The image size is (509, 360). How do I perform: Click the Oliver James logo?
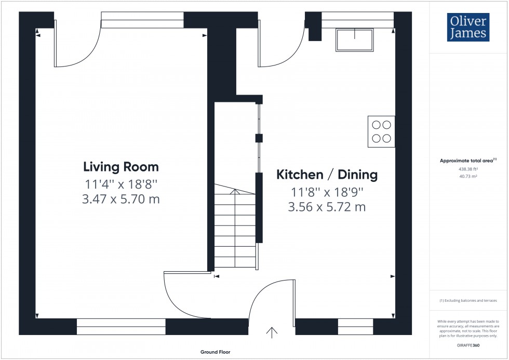[x=467, y=28]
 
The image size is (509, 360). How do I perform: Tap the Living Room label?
[x=121, y=167]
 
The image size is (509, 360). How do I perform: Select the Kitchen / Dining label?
[x=327, y=175]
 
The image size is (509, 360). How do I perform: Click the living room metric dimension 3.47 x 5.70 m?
[x=121, y=199]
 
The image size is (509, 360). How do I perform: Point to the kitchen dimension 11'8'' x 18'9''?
[x=327, y=192]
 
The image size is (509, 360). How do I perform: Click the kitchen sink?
[x=355, y=40]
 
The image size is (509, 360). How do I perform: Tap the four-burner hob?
[x=381, y=131]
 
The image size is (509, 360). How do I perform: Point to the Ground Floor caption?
[x=216, y=352]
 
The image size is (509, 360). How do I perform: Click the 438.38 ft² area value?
[x=468, y=169]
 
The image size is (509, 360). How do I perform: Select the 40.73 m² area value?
[x=468, y=177]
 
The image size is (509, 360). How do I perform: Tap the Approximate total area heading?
[x=468, y=161]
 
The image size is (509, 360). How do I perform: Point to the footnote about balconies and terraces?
[x=468, y=301]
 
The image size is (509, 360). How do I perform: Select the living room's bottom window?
[x=121, y=327]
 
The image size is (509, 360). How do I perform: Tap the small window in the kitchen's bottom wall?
[x=355, y=327]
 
